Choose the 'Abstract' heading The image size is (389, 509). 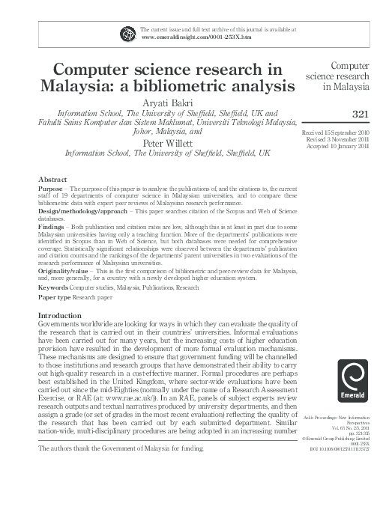52,180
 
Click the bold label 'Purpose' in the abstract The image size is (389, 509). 51,190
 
